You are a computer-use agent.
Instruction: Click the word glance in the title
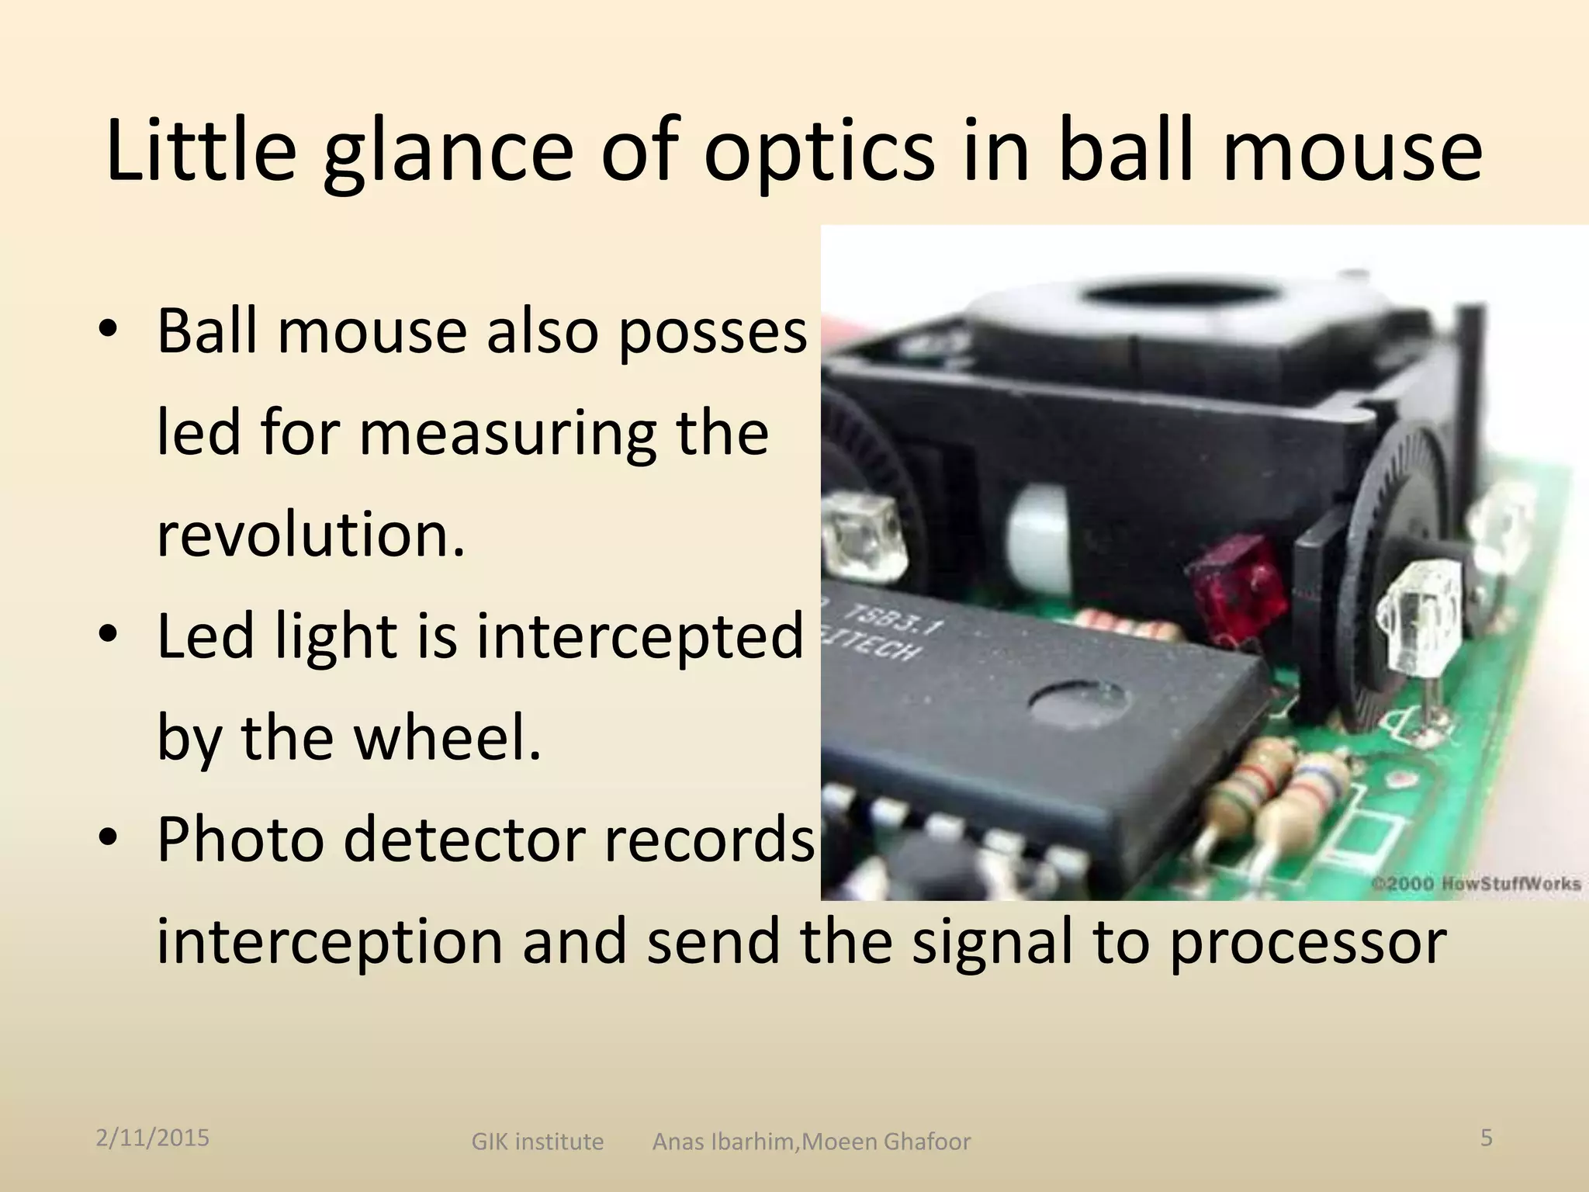447,151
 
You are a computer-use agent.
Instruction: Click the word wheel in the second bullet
447,737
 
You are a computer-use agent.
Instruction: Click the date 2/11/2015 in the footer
152,1138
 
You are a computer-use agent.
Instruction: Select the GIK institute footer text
537,1142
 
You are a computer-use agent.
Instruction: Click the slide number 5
1487,1138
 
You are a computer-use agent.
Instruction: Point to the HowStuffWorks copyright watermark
1476,883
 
